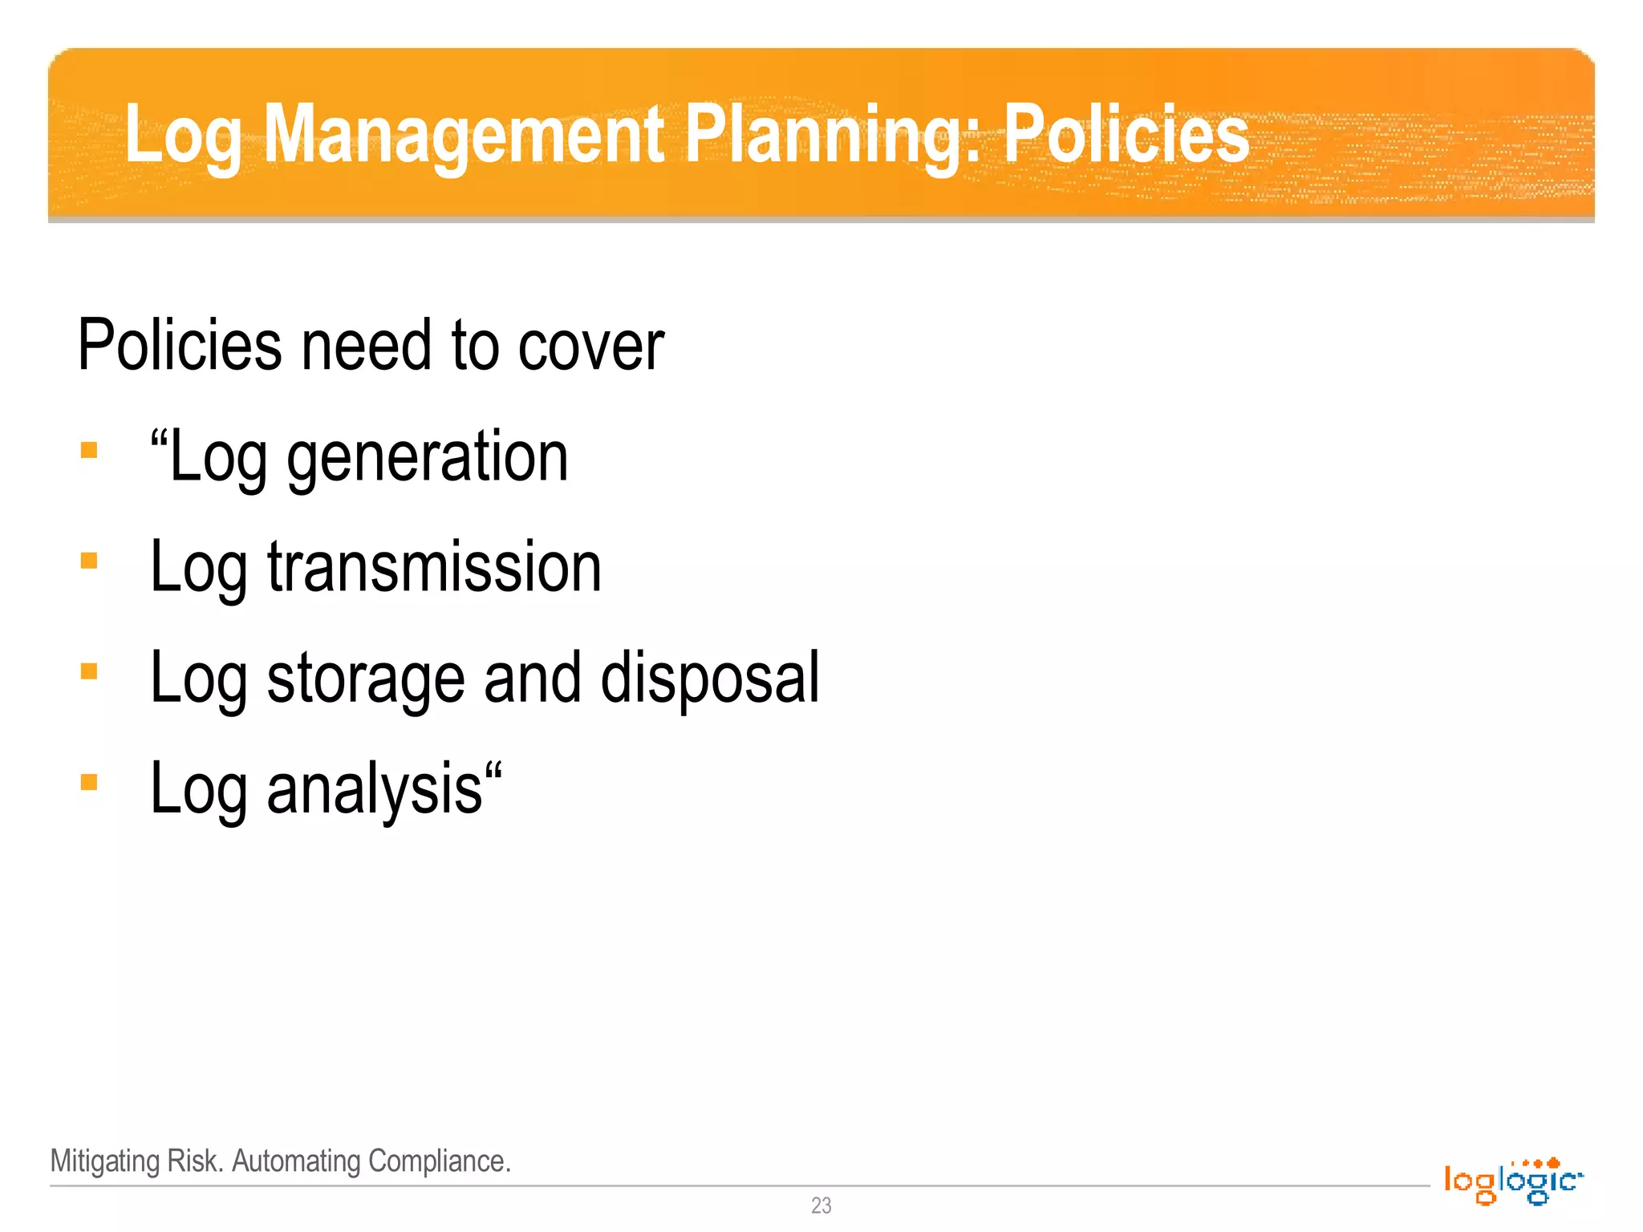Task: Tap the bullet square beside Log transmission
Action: coord(89,561)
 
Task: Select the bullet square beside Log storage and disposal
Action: coord(89,671)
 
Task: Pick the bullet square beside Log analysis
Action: coord(89,782)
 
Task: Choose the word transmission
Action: coord(434,566)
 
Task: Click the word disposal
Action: coord(710,679)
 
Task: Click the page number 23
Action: coord(821,1205)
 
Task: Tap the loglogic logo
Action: coord(1513,1181)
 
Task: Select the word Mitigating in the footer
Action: coord(105,1161)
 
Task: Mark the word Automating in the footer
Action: coord(296,1161)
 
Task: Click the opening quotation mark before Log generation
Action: coord(159,440)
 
